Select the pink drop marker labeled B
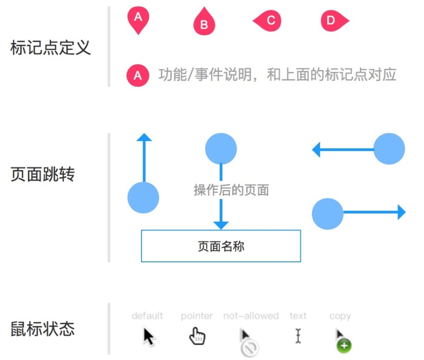(204, 21)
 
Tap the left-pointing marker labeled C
(267, 21)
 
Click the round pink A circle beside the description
(138, 75)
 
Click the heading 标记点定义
(50, 48)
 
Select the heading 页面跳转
(42, 174)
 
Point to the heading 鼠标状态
(42, 329)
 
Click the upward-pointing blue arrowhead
(144, 137)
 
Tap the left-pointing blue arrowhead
(316, 149)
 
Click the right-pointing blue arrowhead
(402, 212)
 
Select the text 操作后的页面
(231, 190)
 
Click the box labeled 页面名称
(221, 246)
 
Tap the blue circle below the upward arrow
(143, 198)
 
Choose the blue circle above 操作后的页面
(221, 149)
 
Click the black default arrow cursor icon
(148, 336)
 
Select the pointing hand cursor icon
(197, 336)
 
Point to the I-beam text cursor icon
(298, 336)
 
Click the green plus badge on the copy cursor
(344, 346)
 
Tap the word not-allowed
(251, 316)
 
